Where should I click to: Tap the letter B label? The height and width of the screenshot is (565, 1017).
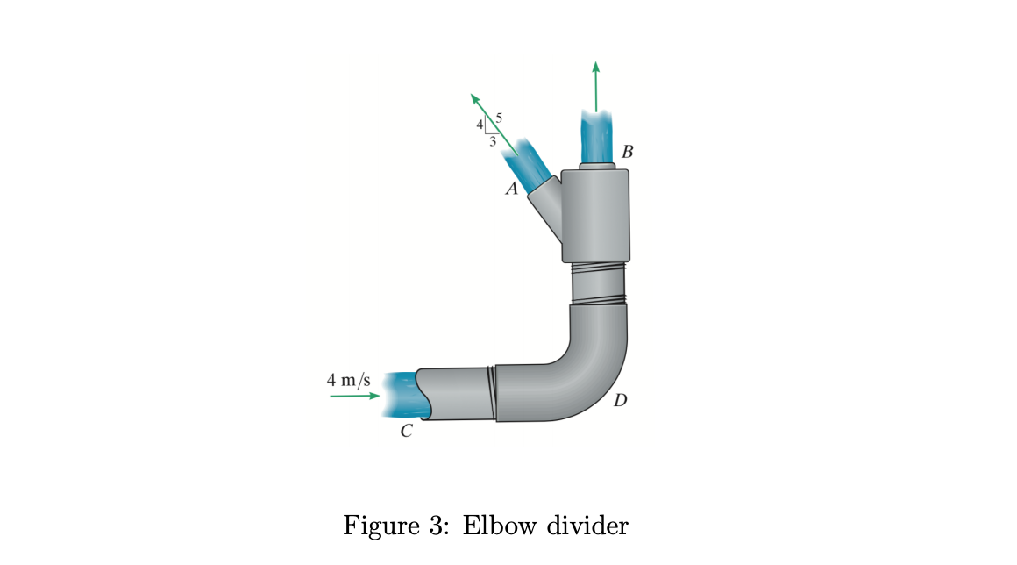[x=626, y=152]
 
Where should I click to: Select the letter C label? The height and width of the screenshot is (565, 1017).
[x=406, y=431]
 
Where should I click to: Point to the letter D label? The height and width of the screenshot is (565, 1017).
[x=621, y=401]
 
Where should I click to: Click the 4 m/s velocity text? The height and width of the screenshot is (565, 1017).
[x=349, y=381]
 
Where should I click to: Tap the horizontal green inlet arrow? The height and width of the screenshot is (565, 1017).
[x=354, y=397]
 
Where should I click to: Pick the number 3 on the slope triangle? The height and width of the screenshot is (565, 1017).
[x=493, y=140]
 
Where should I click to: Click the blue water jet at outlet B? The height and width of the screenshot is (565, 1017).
[x=596, y=136]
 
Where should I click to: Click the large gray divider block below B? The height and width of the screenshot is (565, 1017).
[x=596, y=215]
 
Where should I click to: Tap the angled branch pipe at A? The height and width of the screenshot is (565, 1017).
[x=548, y=206]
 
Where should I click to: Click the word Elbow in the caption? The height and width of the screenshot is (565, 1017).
[x=494, y=526]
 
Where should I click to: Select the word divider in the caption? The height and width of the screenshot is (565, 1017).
[x=585, y=526]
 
